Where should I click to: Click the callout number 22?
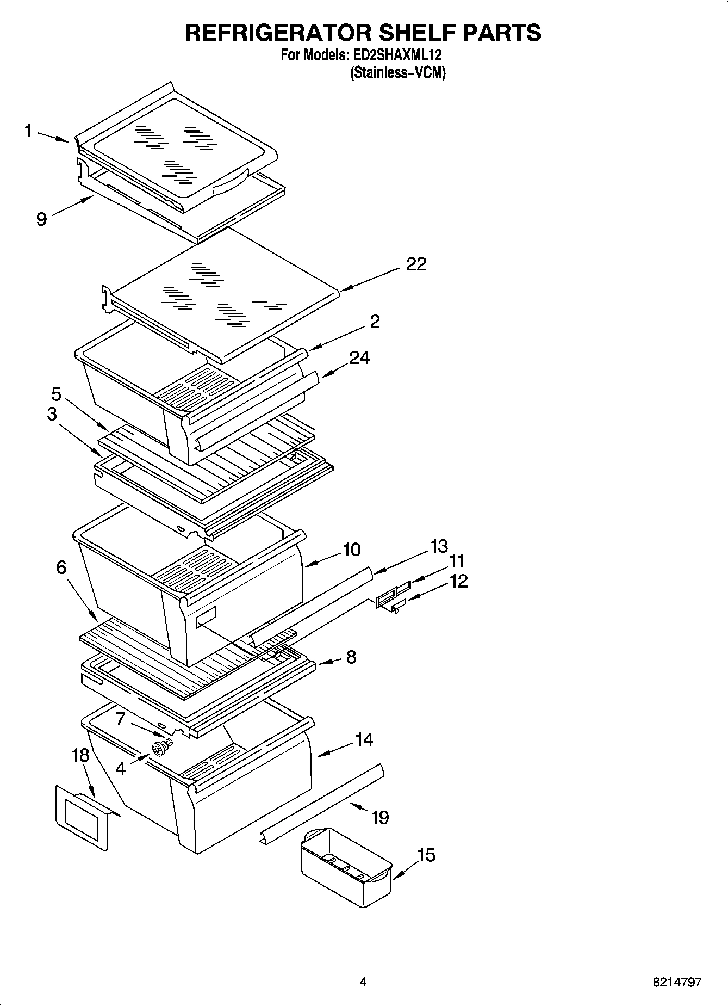(x=416, y=264)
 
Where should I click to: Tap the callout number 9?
(x=41, y=219)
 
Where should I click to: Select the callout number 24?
(x=359, y=357)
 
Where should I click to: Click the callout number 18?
(x=80, y=755)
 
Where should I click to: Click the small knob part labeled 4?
(x=160, y=749)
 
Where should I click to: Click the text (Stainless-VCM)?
(x=397, y=72)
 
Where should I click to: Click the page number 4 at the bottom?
(x=363, y=982)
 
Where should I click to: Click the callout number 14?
(x=364, y=739)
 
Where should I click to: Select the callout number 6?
(x=61, y=567)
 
